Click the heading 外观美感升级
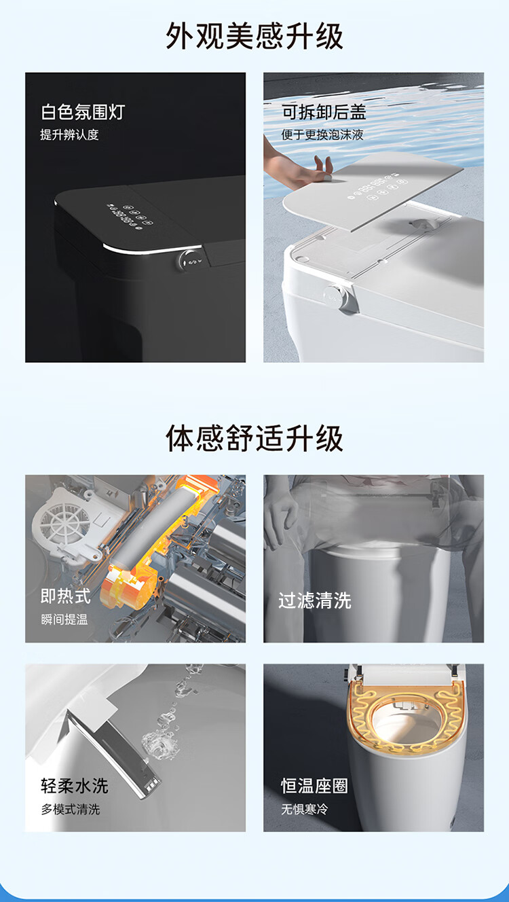click(254, 36)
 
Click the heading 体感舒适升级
click(254, 438)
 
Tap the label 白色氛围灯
click(83, 112)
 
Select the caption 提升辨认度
click(69, 134)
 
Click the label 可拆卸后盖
click(324, 112)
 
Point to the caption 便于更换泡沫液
click(322, 134)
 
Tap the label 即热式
click(66, 596)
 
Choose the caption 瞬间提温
click(64, 619)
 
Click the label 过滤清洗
click(315, 600)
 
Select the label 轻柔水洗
click(75, 786)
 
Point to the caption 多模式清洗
click(71, 808)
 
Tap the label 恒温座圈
click(314, 786)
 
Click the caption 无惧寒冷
click(305, 808)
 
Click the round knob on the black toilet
click(189, 261)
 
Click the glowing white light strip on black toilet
click(152, 250)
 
